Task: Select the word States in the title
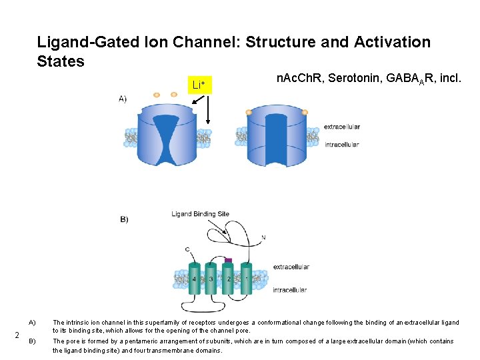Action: pyautogui.click(x=61, y=61)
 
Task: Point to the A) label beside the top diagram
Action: pyautogui.click(x=123, y=99)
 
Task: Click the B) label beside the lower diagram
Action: pyautogui.click(x=124, y=219)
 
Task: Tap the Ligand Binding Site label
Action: pyautogui.click(x=200, y=214)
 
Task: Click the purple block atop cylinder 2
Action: pyautogui.click(x=228, y=261)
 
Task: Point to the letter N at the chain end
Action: pyautogui.click(x=263, y=237)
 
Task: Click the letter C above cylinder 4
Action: pyautogui.click(x=187, y=250)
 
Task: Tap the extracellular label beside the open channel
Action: pyautogui.click(x=341, y=127)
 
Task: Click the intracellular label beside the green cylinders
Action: pyautogui.click(x=290, y=290)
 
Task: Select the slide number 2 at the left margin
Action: pyautogui.click(x=17, y=335)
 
